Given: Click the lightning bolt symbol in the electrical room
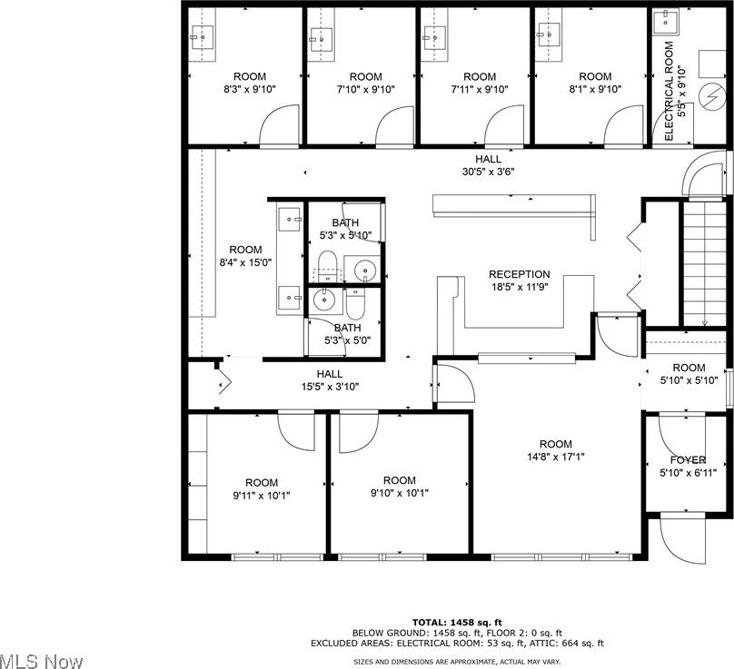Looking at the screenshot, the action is (711, 98).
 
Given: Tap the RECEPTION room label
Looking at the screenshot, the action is (519, 274).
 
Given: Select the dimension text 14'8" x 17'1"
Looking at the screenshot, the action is (556, 456).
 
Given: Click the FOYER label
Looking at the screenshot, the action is (688, 460).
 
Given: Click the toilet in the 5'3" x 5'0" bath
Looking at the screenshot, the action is (355, 303).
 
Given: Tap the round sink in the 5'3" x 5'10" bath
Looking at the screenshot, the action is (364, 270).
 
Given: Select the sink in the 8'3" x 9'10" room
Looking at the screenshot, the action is (203, 37).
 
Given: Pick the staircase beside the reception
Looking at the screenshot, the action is (705, 263).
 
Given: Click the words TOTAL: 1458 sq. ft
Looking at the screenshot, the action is (457, 622).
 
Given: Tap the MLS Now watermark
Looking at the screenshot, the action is (41, 661).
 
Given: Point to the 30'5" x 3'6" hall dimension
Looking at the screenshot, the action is (488, 172).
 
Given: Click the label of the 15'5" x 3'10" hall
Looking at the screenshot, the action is (330, 374).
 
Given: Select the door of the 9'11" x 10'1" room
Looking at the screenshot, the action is (296, 431).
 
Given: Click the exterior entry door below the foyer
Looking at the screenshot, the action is (682, 539).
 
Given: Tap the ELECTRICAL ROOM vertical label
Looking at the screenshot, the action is (669, 91).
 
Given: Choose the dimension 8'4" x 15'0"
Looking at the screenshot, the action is (245, 262).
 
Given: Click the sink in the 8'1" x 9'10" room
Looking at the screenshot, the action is (549, 34).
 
